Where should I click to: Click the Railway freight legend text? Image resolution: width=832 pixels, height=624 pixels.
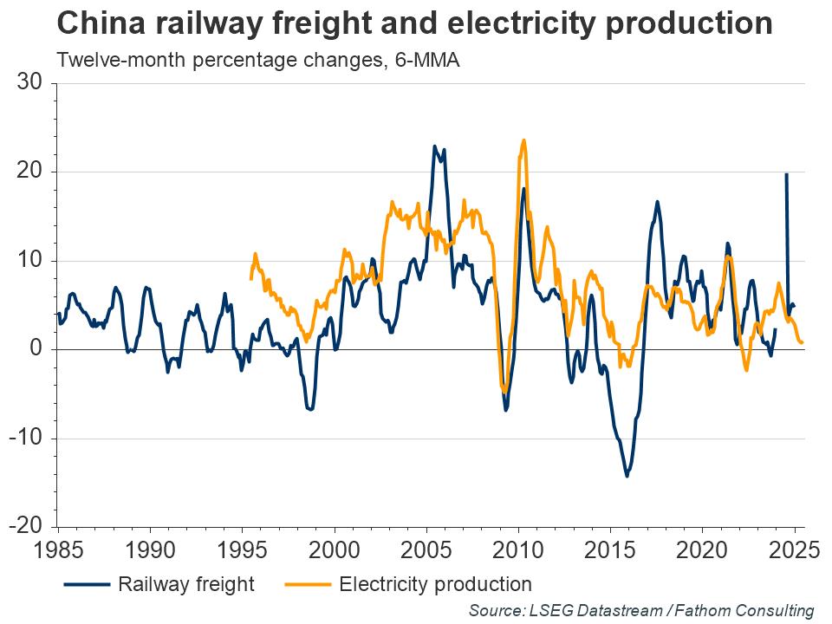(x=186, y=583)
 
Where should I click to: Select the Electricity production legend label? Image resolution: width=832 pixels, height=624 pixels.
(x=435, y=583)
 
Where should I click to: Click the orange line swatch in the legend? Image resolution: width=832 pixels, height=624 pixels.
(x=309, y=584)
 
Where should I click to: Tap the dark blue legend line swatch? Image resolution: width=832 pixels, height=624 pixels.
(x=88, y=584)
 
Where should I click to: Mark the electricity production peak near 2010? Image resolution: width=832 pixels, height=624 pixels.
(x=523, y=140)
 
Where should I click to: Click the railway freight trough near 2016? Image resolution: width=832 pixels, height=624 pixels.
(x=627, y=476)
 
